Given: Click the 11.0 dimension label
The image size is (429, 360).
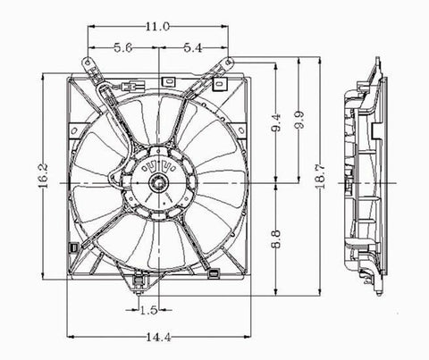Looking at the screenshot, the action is point(157,27).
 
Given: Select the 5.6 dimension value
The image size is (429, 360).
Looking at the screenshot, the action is point(123,47).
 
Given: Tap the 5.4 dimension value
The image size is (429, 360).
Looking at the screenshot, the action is point(193,47).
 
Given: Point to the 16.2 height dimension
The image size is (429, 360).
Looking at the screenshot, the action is point(44,176).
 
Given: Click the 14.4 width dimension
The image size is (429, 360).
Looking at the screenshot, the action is point(159,337).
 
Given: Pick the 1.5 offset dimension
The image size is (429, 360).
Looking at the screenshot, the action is point(148,311).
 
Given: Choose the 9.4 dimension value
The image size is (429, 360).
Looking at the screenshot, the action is point(277,122).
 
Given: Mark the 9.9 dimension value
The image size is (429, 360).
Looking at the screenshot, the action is point(299,120).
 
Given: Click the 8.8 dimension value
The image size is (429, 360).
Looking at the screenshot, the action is point(277,239).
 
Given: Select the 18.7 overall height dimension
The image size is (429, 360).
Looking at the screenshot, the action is point(320,176).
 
